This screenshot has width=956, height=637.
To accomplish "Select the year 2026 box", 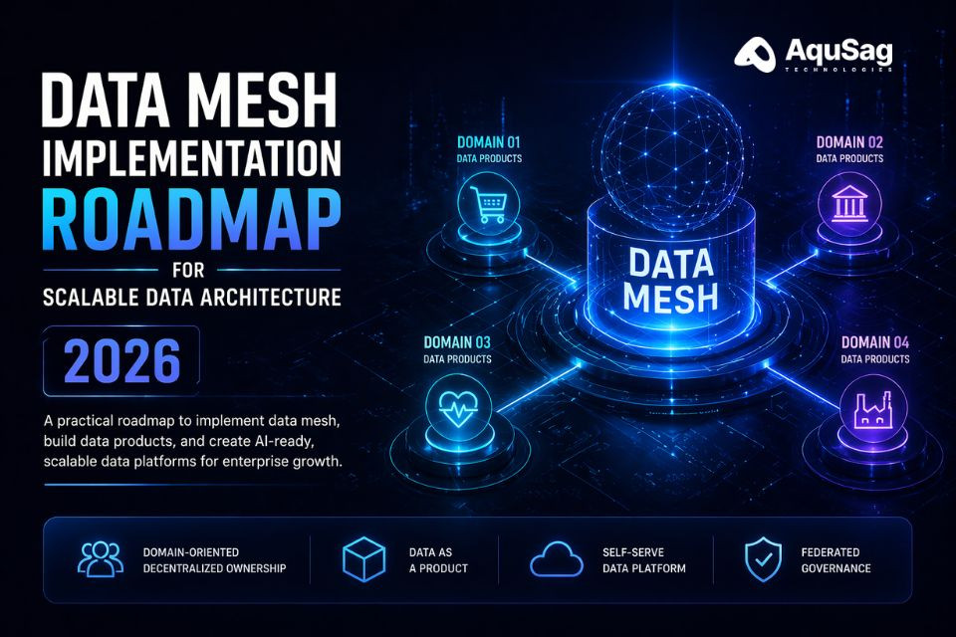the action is tap(121, 361).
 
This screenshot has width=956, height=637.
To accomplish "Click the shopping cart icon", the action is tap(489, 204).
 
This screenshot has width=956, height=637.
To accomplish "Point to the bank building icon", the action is tap(849, 204).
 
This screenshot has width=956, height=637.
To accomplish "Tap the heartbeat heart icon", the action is tap(458, 406).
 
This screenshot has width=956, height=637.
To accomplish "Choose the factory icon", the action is tap(872, 409).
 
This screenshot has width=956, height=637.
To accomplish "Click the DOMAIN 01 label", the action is tap(488, 142).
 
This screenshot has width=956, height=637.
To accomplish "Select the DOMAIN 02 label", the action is tap(849, 142).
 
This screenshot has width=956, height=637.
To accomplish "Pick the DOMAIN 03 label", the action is tap(457, 342).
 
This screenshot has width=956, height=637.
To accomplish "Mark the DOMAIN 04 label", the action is tap(875, 342).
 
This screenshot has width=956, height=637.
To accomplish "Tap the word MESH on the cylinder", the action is tap(670, 298).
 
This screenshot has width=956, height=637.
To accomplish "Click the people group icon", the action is tap(101, 559).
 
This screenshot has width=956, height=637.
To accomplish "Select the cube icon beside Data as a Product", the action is tap(364, 559).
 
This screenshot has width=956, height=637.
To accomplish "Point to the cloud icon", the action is tap(556, 559).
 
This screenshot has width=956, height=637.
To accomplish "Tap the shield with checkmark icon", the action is tap(763, 559).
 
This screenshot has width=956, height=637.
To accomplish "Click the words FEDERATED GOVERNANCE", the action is tap(836, 560).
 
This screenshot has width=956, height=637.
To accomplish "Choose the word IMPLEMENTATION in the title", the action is tap(191, 158).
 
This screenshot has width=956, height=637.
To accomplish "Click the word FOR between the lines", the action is tap(188, 270).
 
